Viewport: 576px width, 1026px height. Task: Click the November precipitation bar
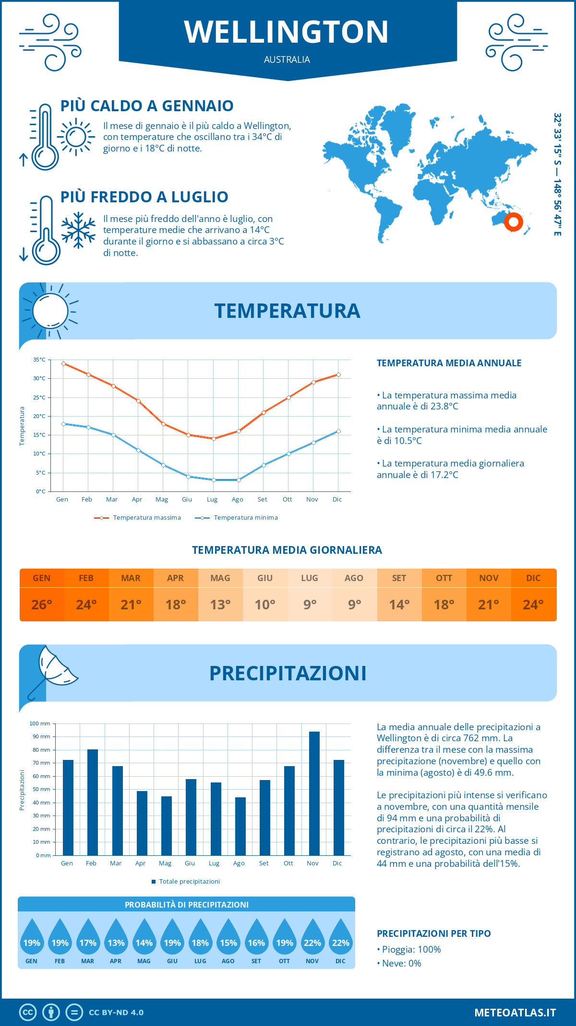314,793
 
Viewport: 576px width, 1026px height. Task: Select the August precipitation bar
240,826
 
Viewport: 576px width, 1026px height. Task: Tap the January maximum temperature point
63,363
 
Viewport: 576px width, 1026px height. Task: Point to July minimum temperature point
214,480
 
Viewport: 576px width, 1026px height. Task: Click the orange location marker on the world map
513,222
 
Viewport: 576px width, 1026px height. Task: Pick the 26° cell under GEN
42,605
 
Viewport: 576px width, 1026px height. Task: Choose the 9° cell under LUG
310,605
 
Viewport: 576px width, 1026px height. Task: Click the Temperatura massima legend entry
138,518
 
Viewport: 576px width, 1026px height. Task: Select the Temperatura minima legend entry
237,518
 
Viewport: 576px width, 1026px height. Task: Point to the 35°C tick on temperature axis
39,360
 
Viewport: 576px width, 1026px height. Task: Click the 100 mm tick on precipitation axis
40,723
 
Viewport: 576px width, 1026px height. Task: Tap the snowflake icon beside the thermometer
78,230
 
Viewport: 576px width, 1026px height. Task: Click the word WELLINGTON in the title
287,32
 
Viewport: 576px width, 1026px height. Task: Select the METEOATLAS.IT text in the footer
515,1013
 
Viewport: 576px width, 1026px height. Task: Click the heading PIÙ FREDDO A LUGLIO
144,197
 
